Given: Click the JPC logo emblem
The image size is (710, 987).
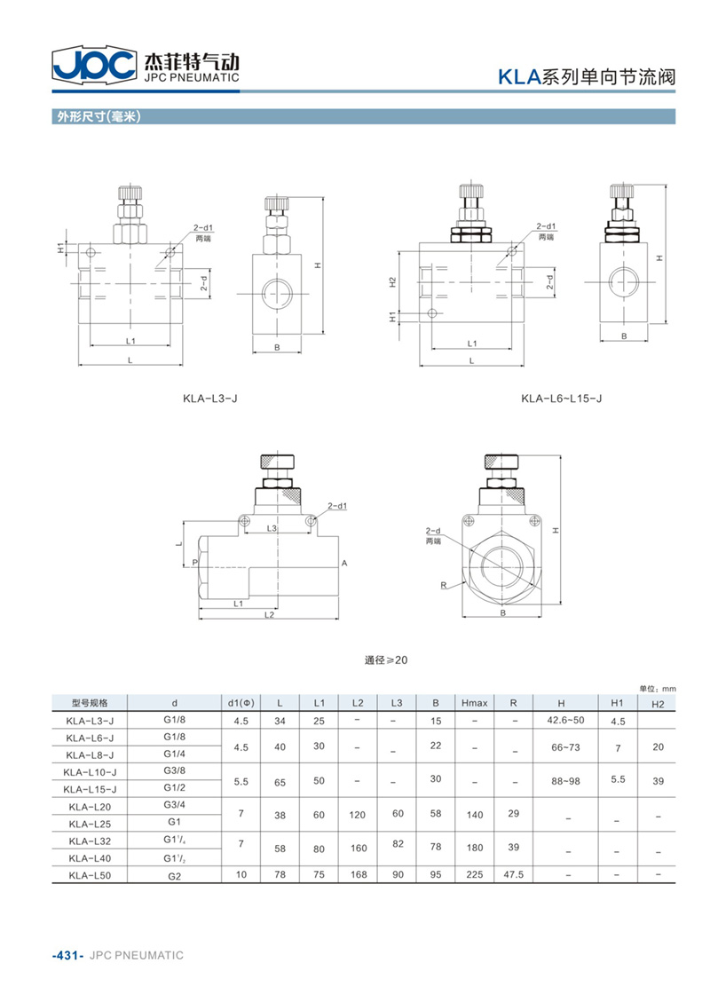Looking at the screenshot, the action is click(94, 64).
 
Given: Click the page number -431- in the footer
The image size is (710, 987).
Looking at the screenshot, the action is click(67, 955).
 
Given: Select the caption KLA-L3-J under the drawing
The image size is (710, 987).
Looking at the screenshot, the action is click(210, 399).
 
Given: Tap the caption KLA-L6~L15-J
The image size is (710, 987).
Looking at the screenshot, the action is click(562, 399).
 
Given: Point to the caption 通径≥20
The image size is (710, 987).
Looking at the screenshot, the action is click(386, 659).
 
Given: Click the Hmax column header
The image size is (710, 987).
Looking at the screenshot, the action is click(475, 703).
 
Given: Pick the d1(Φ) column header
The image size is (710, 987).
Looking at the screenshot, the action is click(241, 703).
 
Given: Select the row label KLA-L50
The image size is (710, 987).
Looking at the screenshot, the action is click(90, 875).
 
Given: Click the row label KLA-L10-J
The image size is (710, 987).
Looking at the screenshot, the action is click(90, 771).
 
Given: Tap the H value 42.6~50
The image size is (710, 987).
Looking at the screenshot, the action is click(565, 720).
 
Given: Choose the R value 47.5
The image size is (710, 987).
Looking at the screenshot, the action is click(514, 874).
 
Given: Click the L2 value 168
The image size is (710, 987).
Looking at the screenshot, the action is click(359, 874).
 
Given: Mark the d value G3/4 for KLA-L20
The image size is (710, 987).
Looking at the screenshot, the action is click(174, 804).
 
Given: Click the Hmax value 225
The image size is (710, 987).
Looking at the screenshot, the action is click(475, 874).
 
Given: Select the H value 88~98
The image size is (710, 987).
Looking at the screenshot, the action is click(565, 781).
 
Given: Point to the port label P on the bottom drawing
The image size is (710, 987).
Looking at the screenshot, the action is click(195, 563).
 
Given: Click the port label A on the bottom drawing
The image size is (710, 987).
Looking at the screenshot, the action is click(344, 563).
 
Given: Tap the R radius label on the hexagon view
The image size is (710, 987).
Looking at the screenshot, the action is click(443, 586).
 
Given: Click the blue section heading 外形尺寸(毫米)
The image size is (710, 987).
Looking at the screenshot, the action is click(99, 116).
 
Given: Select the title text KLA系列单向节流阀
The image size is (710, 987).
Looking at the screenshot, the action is click(587, 77).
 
